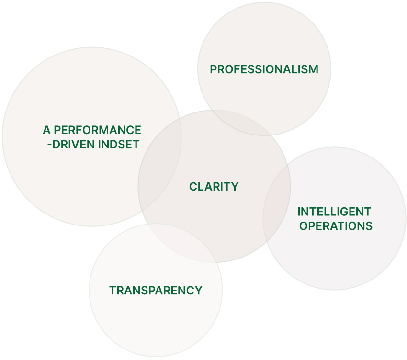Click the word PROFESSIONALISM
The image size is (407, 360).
coord(264,69)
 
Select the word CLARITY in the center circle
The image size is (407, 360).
coord(214,187)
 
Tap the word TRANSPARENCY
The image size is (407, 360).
coord(156,291)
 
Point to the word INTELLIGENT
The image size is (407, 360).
coord(334,212)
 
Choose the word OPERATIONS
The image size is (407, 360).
coord(336,226)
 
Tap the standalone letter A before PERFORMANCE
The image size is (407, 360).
coord(46,130)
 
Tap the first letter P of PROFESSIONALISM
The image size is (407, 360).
coord(213,69)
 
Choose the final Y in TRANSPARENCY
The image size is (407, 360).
coord(198,291)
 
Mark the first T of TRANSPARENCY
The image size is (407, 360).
coord(113,291)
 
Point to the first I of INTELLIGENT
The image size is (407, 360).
coord(299,212)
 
